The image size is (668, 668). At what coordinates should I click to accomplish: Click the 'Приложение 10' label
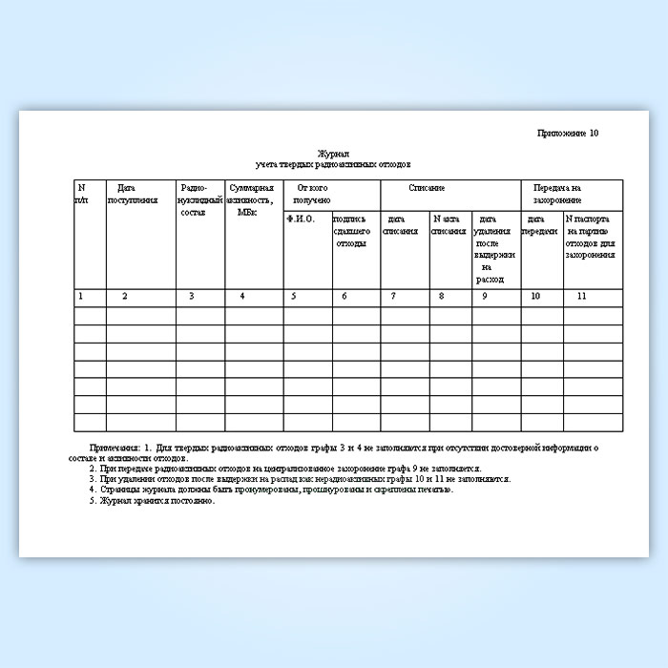[568, 133]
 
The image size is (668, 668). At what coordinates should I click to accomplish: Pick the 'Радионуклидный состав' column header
[199, 199]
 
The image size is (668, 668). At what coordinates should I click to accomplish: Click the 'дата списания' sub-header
[400, 225]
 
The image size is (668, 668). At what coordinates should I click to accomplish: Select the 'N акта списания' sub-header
[448, 225]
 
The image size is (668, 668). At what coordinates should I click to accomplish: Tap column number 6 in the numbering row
[344, 297]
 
